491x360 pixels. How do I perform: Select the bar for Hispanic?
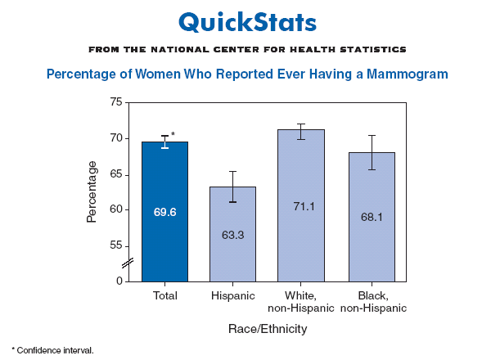(x=232, y=254)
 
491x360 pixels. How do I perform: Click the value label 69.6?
(x=164, y=212)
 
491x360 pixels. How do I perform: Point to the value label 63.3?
(x=233, y=235)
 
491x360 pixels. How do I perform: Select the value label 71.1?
(x=301, y=206)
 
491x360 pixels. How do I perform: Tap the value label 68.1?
(x=370, y=218)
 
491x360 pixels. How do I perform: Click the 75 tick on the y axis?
(x=115, y=102)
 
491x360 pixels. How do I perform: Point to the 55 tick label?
(x=115, y=245)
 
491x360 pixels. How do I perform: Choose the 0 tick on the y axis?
(x=119, y=281)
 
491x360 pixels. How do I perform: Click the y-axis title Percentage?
(x=92, y=192)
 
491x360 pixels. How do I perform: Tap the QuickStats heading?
(x=246, y=21)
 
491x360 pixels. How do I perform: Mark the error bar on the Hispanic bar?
(x=233, y=187)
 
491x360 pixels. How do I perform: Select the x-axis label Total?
(x=165, y=295)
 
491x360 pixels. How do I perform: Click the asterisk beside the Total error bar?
(x=173, y=134)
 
